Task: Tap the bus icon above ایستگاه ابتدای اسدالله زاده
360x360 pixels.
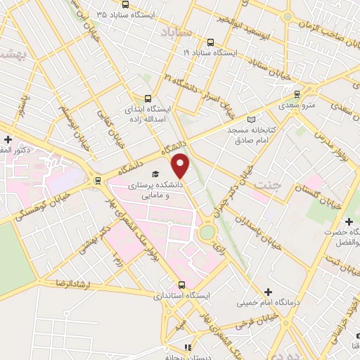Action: (148, 99)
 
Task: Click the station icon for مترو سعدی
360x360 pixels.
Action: (297, 94)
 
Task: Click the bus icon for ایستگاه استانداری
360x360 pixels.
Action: (182, 285)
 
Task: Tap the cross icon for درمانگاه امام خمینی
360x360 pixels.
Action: (268, 291)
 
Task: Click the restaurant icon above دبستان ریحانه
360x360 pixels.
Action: (188, 347)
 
